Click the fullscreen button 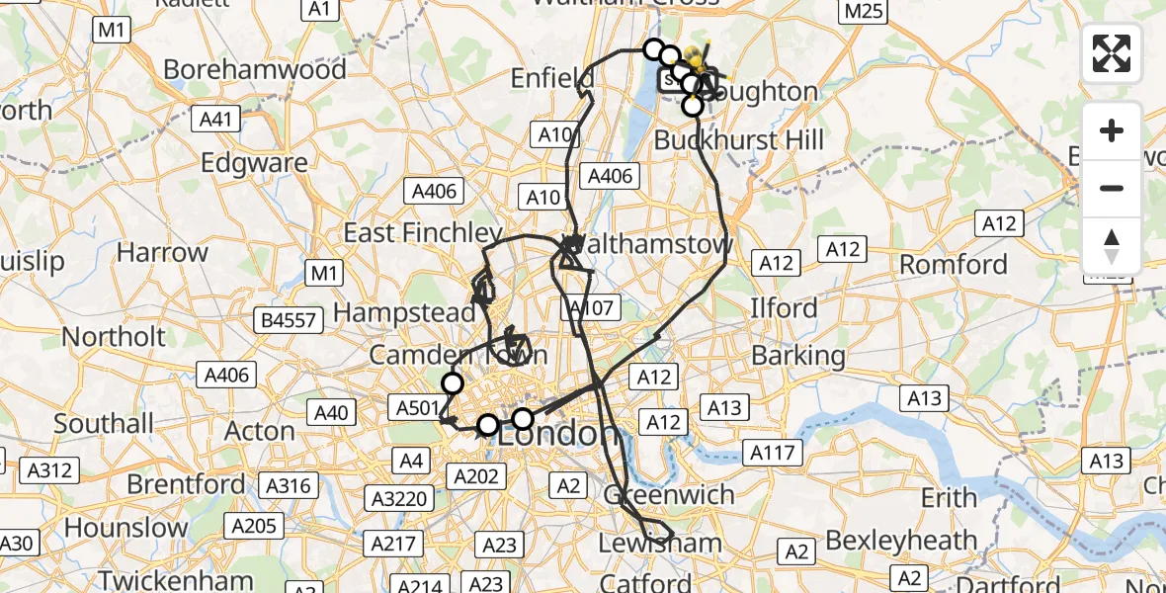pyautogui.click(x=1112, y=53)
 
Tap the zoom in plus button pyautogui.click(x=1112, y=131)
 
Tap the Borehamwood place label pyautogui.click(x=255, y=69)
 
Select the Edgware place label pyautogui.click(x=254, y=163)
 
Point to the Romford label pyautogui.click(x=954, y=265)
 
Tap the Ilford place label pyautogui.click(x=784, y=308)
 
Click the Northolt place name pyautogui.click(x=115, y=336)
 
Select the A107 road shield pyautogui.click(x=592, y=308)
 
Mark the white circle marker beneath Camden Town pyautogui.click(x=453, y=383)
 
